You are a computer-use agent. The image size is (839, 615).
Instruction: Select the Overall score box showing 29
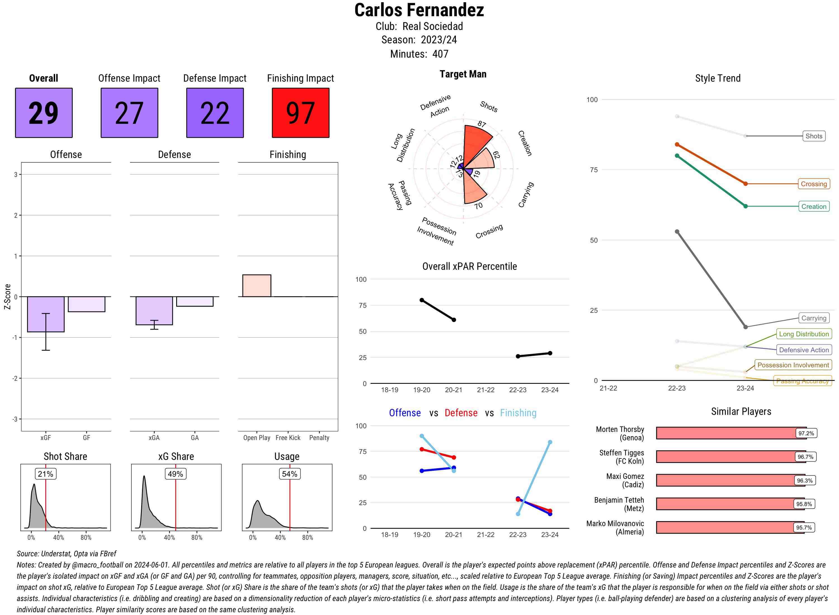pyautogui.click(x=44, y=113)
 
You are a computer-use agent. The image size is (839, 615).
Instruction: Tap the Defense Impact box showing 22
pyautogui.click(x=215, y=113)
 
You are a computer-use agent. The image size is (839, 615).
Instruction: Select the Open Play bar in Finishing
pyautogui.click(x=256, y=285)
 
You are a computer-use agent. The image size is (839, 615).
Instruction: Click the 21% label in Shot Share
pyautogui.click(x=45, y=474)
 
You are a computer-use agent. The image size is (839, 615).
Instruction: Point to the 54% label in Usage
pyautogui.click(x=289, y=474)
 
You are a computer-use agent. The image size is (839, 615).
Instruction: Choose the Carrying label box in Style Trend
pyautogui.click(x=814, y=318)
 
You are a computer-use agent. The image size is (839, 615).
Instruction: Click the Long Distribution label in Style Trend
pyautogui.click(x=804, y=334)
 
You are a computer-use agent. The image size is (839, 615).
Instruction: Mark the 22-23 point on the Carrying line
pyautogui.click(x=677, y=231)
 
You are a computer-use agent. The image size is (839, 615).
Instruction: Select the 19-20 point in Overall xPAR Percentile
pyautogui.click(x=421, y=300)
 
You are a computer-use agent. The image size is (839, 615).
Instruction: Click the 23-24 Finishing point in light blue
pyautogui.click(x=550, y=442)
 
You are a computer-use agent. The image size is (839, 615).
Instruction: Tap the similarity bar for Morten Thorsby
pyautogui.click(x=726, y=433)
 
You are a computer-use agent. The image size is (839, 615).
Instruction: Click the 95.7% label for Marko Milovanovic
pyautogui.click(x=804, y=527)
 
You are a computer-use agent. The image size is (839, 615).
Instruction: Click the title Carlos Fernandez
pyautogui.click(x=419, y=10)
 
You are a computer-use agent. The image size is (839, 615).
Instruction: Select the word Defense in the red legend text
pyautogui.click(x=461, y=413)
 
